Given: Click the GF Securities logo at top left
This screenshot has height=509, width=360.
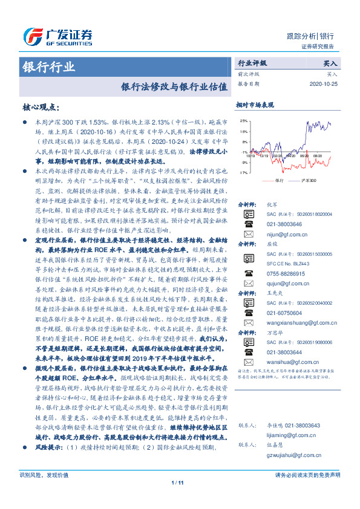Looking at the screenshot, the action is [x=57, y=35].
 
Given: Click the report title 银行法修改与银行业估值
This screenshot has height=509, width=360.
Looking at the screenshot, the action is [x=175, y=86].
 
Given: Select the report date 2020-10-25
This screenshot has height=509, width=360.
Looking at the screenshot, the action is [x=327, y=83].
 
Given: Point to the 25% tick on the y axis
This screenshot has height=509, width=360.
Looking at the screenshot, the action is [x=243, y=121].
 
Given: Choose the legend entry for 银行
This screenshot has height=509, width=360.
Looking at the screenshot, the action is [x=276, y=180].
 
